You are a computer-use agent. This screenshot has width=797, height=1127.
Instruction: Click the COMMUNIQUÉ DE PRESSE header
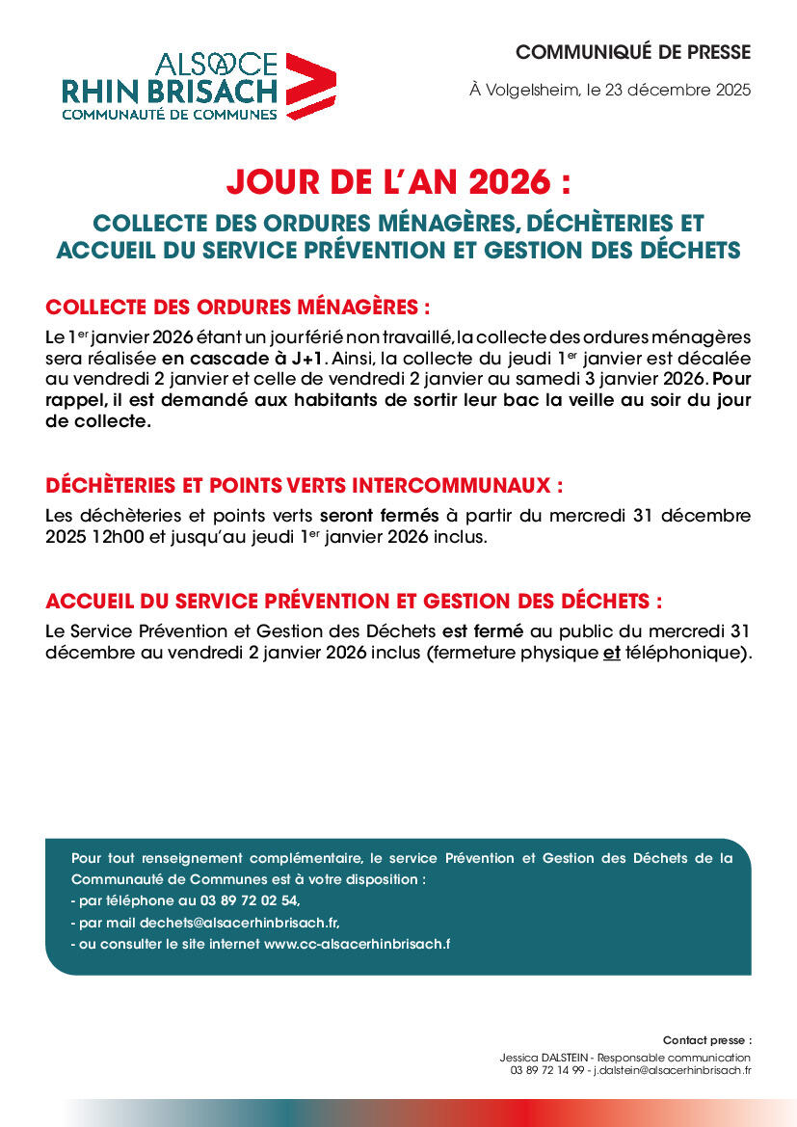(632, 52)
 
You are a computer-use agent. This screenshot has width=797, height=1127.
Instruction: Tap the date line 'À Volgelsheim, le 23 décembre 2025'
(610, 91)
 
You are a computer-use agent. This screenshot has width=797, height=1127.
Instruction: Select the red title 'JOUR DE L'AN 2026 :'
(398, 181)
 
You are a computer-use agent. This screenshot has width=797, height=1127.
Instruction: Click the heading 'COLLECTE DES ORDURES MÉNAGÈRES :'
(237, 308)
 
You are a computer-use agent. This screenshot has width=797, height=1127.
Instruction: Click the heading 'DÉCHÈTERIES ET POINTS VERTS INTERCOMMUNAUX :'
(304, 485)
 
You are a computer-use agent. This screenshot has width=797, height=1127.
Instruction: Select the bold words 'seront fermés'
(379, 515)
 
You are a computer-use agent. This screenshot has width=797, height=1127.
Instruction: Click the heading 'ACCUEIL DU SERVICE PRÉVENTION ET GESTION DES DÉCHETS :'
(354, 602)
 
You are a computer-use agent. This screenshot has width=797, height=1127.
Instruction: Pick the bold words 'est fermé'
(483, 631)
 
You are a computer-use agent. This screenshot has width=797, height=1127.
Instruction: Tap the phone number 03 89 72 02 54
(250, 901)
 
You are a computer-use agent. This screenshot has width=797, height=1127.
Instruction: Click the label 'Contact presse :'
(706, 1040)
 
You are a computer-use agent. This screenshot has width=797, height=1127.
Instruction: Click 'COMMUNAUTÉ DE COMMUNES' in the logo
(170, 114)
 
